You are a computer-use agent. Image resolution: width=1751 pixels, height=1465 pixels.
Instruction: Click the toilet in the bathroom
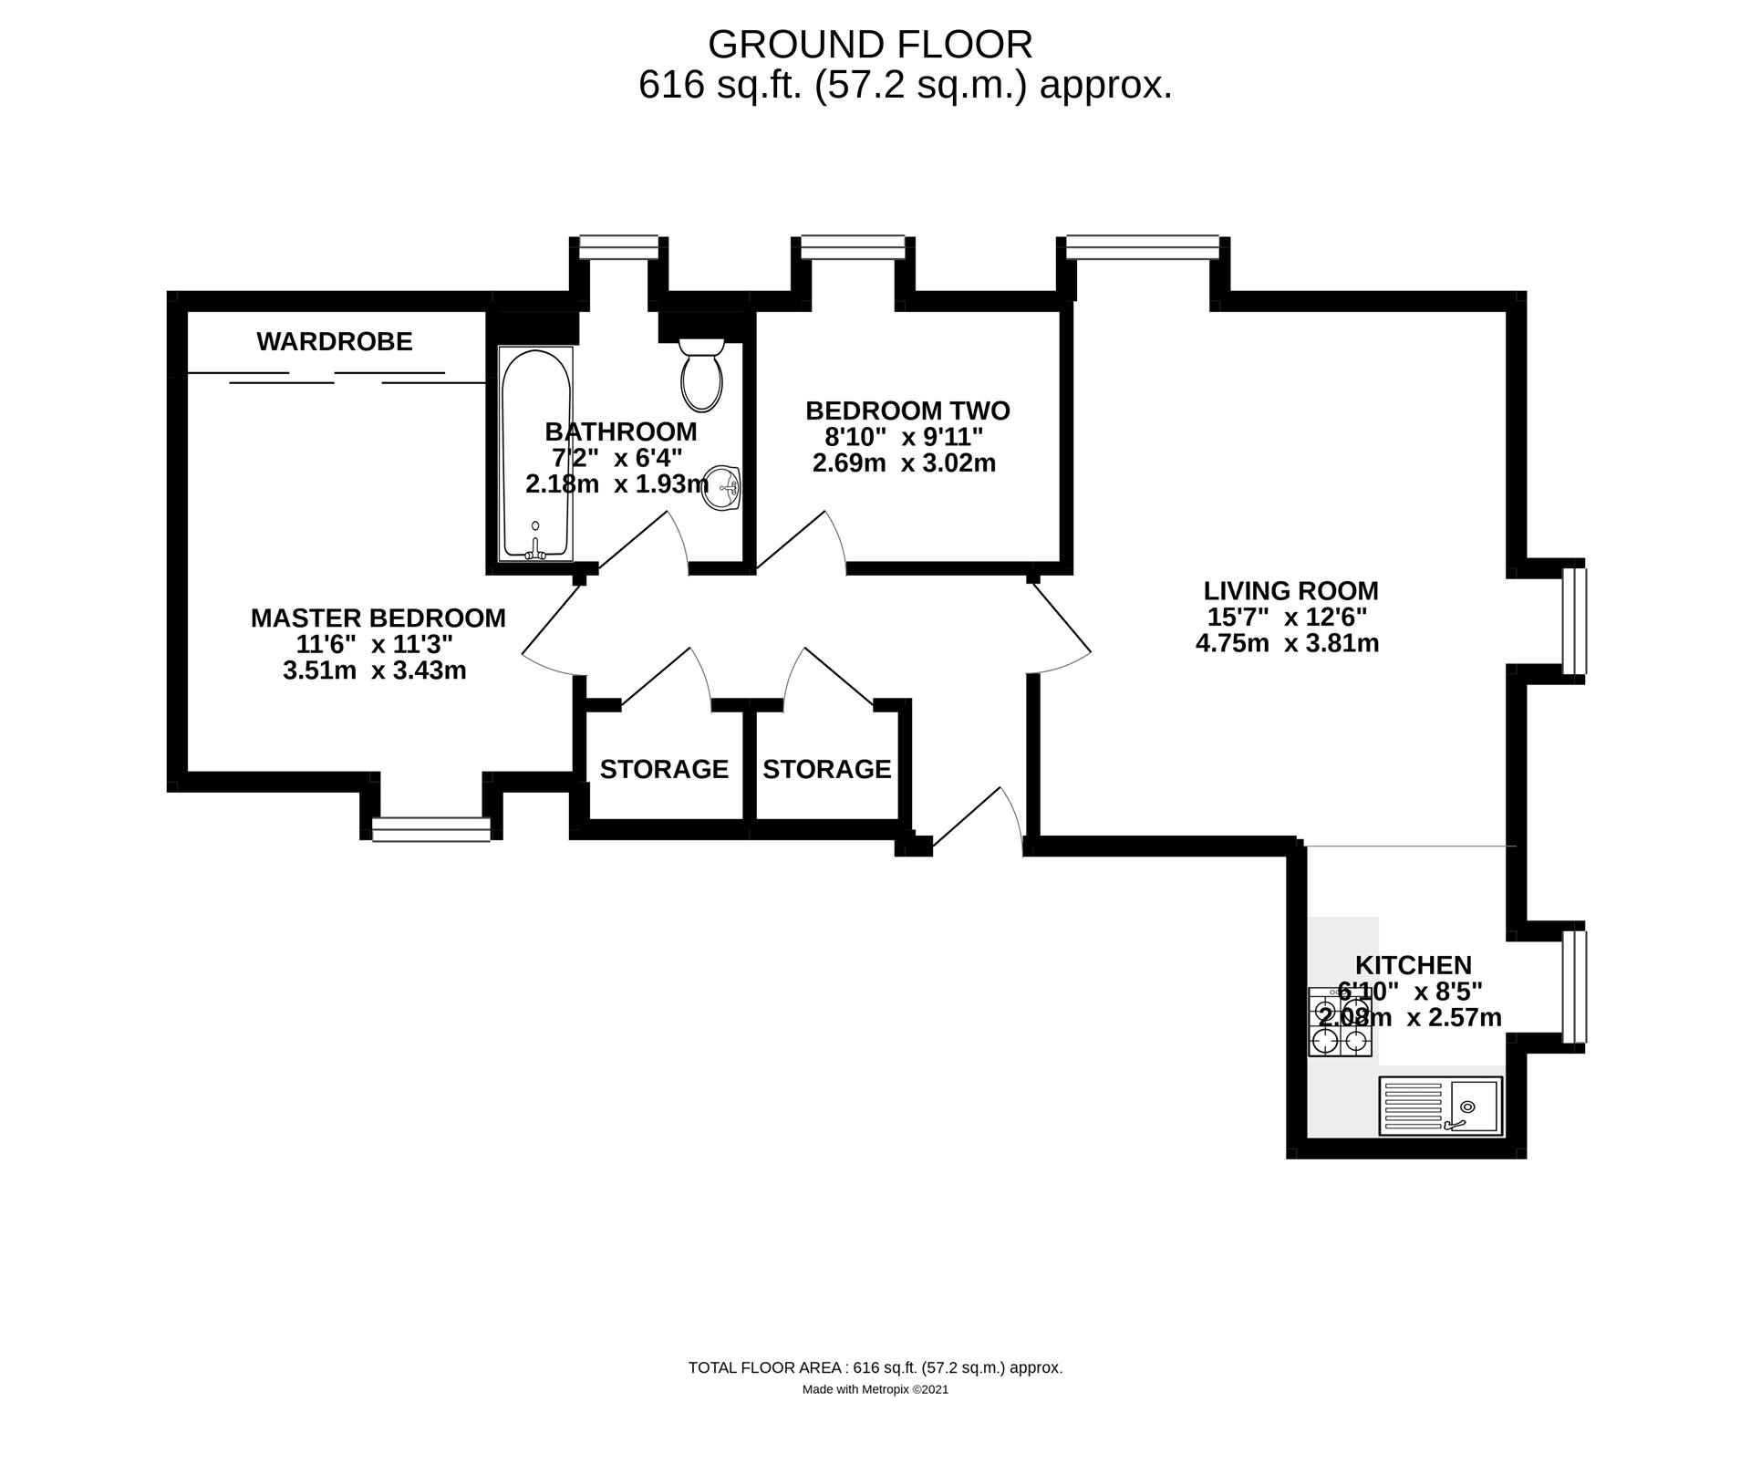pyautogui.click(x=701, y=376)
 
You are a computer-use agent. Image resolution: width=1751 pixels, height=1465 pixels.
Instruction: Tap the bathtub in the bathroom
pyautogui.click(x=535, y=453)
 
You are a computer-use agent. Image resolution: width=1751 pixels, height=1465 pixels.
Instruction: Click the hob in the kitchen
pyautogui.click(x=1340, y=1022)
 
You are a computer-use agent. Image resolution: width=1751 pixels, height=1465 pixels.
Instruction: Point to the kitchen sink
pyautogui.click(x=1440, y=1107)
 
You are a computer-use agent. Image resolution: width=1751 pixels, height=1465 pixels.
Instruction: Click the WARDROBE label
pyautogui.click(x=335, y=342)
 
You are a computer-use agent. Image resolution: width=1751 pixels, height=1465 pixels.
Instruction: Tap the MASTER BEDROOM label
pyautogui.click(x=378, y=618)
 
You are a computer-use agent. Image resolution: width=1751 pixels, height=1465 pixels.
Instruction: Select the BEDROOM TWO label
pyautogui.click(x=907, y=410)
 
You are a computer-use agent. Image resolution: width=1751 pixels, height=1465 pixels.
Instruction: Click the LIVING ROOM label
pyautogui.click(x=1290, y=590)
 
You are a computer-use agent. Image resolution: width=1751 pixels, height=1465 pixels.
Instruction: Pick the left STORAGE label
pyautogui.click(x=664, y=769)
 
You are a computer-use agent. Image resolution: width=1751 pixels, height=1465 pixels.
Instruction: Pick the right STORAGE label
pyautogui.click(x=826, y=769)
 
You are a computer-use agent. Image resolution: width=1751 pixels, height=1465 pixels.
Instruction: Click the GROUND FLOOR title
pyautogui.click(x=870, y=44)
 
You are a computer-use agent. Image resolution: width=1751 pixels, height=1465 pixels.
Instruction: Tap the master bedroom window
pyautogui.click(x=430, y=828)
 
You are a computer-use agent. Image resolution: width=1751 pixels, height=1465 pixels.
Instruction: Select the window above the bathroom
pyautogui.click(x=619, y=244)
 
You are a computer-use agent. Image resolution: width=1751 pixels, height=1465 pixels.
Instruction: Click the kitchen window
pyautogui.click(x=1574, y=986)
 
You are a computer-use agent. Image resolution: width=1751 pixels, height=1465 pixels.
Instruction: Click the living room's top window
pyautogui.click(x=1143, y=244)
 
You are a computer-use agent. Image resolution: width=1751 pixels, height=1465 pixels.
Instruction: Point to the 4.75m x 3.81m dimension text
pyautogui.click(x=1287, y=643)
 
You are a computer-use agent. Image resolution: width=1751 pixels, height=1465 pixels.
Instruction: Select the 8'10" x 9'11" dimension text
pyautogui.click(x=892, y=437)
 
